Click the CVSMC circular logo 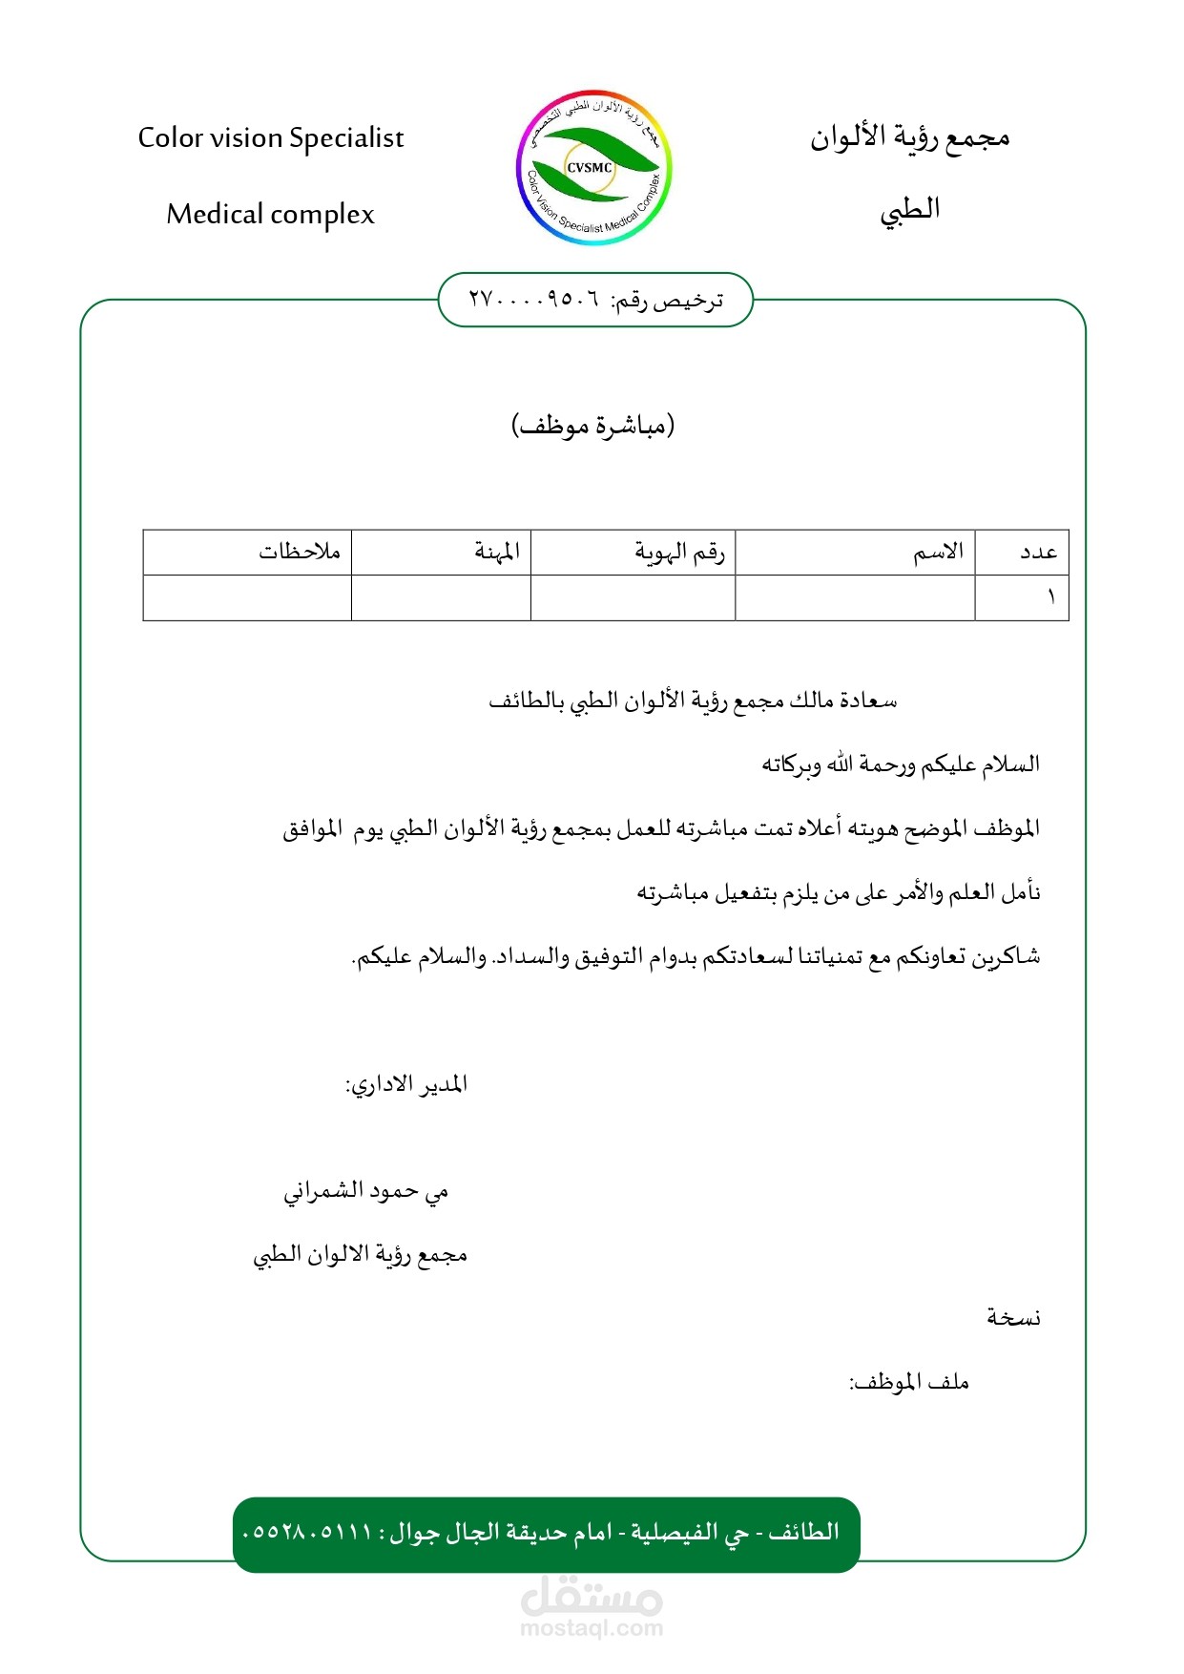(x=594, y=168)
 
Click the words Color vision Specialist (x=271, y=138)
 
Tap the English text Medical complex (x=271, y=215)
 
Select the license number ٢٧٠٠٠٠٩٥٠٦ (x=534, y=300)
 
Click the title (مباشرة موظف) (x=592, y=425)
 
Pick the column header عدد (x=1038, y=552)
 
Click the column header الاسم (x=938, y=552)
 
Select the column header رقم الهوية (x=679, y=552)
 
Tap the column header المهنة (x=497, y=552)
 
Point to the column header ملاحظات (x=299, y=552)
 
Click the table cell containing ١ (x=1050, y=597)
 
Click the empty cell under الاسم (x=855, y=597)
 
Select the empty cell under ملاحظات (x=247, y=597)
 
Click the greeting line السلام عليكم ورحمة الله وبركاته (x=900, y=764)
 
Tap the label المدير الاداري (x=406, y=1085)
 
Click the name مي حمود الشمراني (x=365, y=1191)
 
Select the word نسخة (x=1013, y=1318)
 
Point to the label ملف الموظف (x=909, y=1382)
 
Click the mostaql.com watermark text (x=592, y=1628)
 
